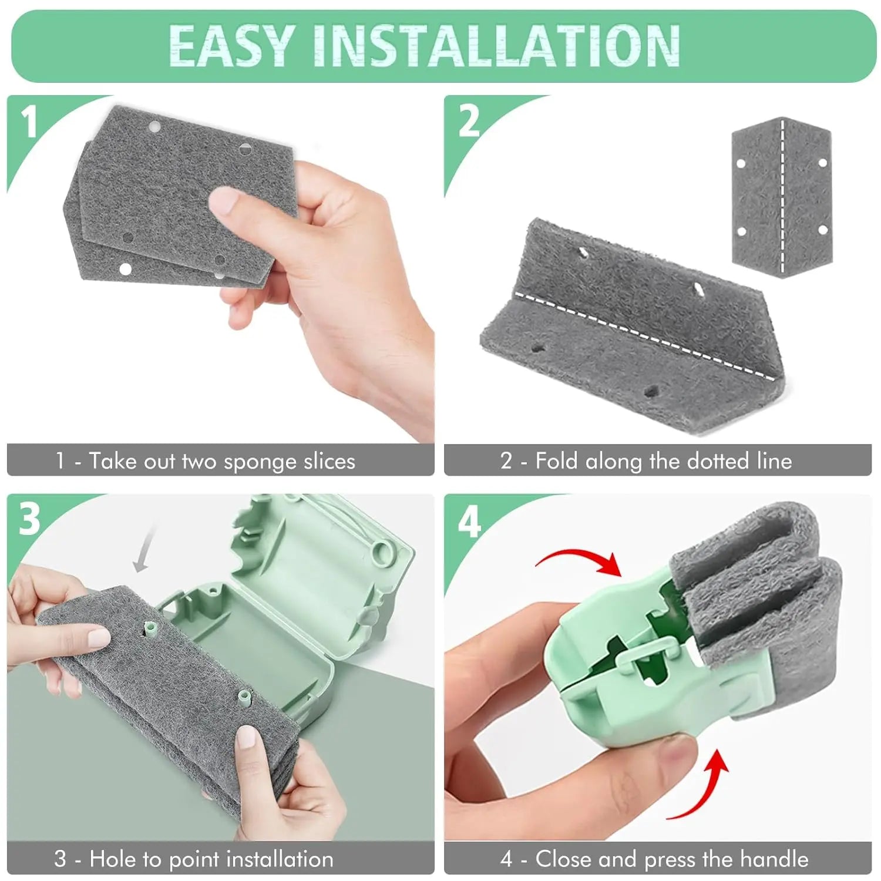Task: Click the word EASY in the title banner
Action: point(230,46)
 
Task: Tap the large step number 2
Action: point(468,122)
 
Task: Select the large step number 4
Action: point(469,520)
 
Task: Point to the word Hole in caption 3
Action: point(114,859)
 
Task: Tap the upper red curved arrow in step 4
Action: point(581,561)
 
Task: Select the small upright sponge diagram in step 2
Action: point(782,197)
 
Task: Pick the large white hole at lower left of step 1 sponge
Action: point(125,269)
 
